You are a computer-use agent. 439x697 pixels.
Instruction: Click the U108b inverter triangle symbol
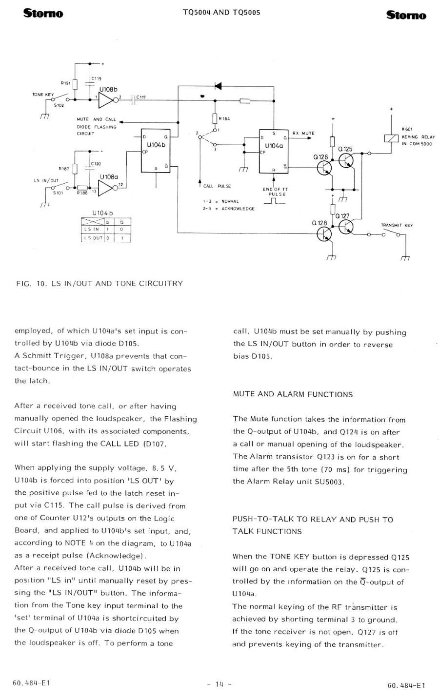click(106, 100)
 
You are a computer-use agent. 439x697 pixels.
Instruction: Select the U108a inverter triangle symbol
click(106, 188)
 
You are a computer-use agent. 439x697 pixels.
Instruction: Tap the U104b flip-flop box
click(156, 151)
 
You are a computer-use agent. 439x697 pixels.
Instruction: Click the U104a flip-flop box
click(273, 151)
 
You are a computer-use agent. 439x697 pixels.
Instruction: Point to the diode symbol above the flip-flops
click(218, 86)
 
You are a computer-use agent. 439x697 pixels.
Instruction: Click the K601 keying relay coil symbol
click(391, 138)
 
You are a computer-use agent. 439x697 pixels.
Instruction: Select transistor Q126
click(324, 168)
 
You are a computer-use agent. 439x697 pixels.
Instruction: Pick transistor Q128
click(324, 234)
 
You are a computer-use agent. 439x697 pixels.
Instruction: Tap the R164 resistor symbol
click(215, 118)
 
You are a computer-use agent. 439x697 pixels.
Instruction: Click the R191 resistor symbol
click(75, 84)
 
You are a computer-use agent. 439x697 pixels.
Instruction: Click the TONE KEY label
click(43, 95)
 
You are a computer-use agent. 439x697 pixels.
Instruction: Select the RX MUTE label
click(303, 133)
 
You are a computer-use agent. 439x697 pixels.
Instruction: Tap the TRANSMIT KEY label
click(397, 225)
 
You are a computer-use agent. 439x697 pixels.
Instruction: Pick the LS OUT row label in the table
click(93, 238)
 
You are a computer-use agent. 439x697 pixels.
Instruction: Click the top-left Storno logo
click(43, 13)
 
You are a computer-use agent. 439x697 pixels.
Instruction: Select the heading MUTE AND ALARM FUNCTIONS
click(293, 394)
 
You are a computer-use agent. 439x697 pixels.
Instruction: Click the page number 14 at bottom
click(219, 684)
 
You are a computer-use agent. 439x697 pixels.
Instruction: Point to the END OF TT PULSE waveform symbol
click(274, 201)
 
